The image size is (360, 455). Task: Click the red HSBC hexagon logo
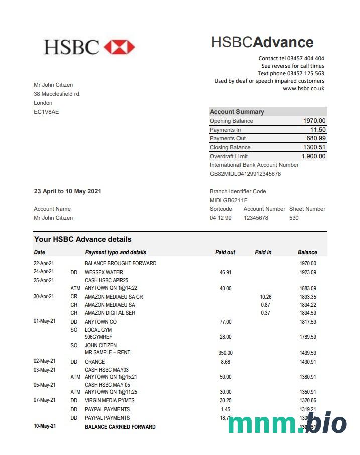click(x=119, y=47)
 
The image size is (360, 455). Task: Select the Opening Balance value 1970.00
click(x=314, y=121)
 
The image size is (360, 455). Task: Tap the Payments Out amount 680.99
click(x=316, y=138)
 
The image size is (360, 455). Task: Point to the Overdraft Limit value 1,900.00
click(x=313, y=156)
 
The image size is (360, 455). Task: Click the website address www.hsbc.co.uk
click(x=303, y=88)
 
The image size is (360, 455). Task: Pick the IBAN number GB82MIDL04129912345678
click(x=245, y=174)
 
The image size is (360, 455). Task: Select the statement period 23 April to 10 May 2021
click(x=67, y=191)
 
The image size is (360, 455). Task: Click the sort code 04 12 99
click(x=221, y=218)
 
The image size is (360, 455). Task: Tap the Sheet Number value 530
click(x=294, y=218)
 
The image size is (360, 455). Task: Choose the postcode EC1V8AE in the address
click(x=46, y=112)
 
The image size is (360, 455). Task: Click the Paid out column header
click(x=225, y=252)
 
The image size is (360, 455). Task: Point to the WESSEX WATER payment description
click(x=103, y=272)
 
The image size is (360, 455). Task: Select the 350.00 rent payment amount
click(x=225, y=353)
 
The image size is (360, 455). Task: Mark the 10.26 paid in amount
click(x=265, y=297)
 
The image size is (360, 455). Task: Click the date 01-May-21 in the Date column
click(x=44, y=321)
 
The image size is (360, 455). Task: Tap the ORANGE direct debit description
click(x=95, y=362)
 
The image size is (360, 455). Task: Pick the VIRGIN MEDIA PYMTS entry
click(x=109, y=400)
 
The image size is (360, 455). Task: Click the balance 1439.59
click(x=307, y=353)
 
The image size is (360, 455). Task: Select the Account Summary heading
click(x=236, y=112)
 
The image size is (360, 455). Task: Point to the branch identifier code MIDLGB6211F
click(x=228, y=200)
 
